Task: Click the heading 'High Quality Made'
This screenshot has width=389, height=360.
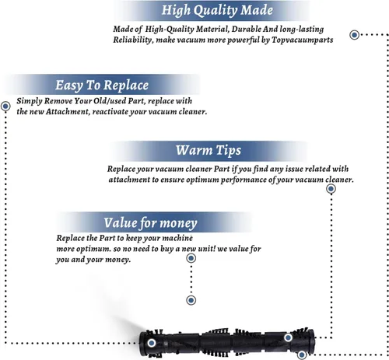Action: pos(217,11)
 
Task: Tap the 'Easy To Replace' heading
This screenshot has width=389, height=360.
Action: pos(102,86)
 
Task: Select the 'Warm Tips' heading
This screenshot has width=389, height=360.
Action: pos(209,150)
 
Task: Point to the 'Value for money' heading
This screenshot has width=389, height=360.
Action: pos(150,223)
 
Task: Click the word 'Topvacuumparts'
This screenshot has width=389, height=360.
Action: pos(302,40)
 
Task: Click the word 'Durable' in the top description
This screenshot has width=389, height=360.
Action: pos(247,29)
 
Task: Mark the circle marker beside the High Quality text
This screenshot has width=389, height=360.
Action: pos(355,35)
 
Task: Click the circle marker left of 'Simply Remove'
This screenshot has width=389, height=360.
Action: pos(5,106)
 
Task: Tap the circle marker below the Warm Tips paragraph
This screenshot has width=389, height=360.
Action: pos(331,189)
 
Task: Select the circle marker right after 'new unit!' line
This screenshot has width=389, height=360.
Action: pos(191,258)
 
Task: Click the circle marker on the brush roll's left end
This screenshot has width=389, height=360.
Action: pos(152,343)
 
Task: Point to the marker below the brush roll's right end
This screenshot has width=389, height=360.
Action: pos(302,355)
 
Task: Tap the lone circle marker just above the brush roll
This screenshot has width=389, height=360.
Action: pos(191,300)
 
